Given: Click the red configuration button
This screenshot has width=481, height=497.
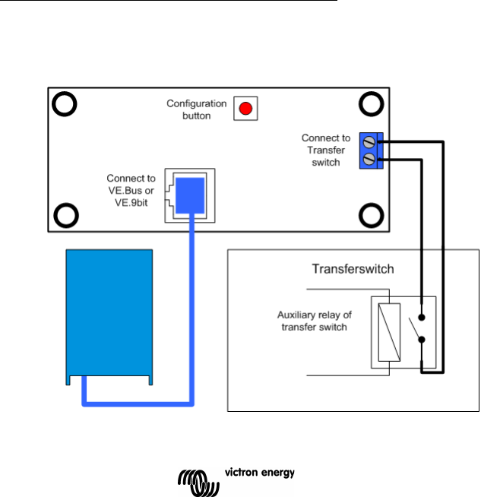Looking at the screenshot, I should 245,109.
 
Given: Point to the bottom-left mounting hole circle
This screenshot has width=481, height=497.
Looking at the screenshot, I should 65,215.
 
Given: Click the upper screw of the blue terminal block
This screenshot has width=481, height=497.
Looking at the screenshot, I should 370,142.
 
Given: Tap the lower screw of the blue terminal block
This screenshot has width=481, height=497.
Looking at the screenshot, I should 370,159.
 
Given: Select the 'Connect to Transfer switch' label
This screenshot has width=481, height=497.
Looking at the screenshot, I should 326,150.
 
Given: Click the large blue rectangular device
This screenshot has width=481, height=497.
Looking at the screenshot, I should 109,312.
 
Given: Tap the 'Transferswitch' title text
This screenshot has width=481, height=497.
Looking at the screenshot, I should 352,269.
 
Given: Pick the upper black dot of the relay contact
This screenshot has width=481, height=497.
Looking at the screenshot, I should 422,318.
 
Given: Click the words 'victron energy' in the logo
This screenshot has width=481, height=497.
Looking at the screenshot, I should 259,472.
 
